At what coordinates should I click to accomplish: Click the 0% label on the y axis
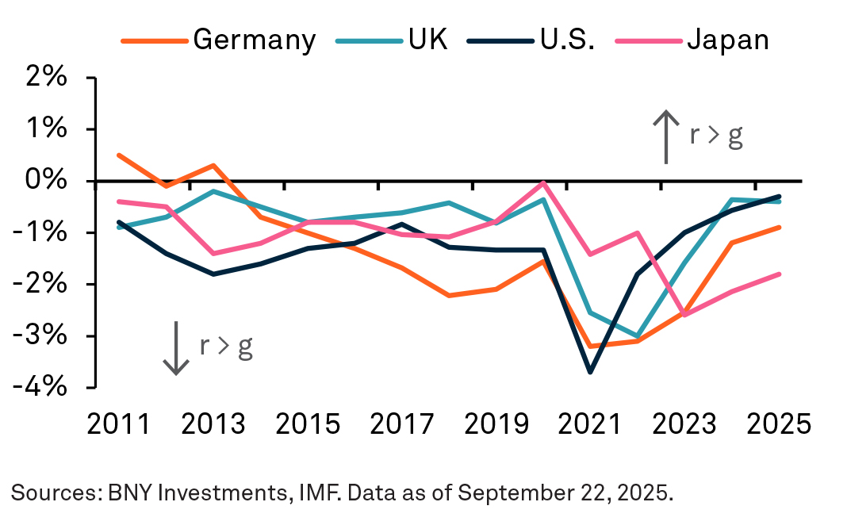50,181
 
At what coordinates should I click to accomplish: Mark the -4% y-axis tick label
44,387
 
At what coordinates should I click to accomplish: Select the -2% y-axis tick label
44,284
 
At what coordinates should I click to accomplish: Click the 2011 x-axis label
118,423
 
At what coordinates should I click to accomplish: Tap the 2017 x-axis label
402,423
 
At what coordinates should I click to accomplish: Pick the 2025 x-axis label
779,423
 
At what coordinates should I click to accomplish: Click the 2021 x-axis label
590,423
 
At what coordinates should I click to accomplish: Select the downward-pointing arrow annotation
176,347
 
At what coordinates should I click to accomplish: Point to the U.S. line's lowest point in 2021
589,372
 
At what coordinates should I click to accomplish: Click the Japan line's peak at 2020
543,182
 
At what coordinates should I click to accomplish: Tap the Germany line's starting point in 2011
118,155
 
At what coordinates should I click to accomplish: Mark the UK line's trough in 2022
637,336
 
